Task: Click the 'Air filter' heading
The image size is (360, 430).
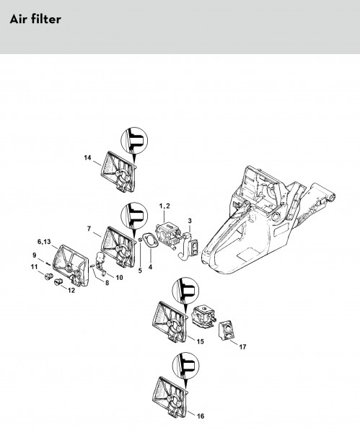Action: [35, 19]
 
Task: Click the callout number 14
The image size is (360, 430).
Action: [87, 158]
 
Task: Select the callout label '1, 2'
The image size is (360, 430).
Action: [164, 206]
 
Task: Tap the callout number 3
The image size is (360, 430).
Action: [190, 221]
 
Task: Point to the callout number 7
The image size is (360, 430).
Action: [89, 229]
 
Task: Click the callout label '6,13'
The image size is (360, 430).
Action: [44, 242]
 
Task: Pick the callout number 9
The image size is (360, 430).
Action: [35, 255]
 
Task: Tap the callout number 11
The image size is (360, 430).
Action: [34, 267]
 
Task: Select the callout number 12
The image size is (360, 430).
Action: [71, 291]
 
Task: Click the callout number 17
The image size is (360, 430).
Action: [242, 347]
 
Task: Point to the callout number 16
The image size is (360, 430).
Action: [201, 416]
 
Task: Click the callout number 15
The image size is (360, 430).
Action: [201, 341]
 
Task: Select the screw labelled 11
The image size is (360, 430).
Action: [49, 276]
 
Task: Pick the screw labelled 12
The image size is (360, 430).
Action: [58, 281]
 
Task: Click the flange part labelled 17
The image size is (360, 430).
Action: [227, 330]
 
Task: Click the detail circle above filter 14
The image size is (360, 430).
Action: [134, 141]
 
